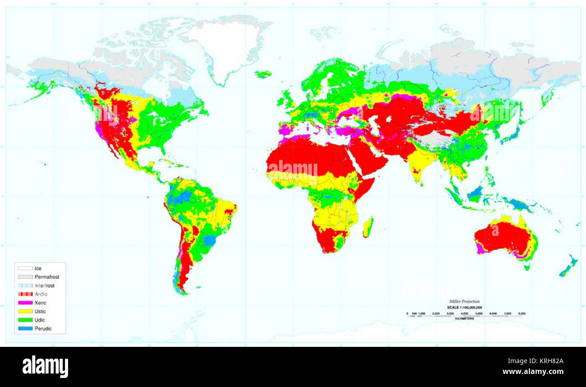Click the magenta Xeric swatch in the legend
pos(25,303)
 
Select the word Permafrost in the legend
pos(47,277)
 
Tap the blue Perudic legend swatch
pos(25,328)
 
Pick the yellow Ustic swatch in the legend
pos(25,311)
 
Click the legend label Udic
pos(40,320)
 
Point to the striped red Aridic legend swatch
pos(25,294)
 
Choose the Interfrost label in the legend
pos(45,286)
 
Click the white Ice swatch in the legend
pos(25,268)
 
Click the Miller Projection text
pos(464,301)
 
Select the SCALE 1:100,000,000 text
pos(464,307)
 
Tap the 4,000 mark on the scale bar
pos(464,313)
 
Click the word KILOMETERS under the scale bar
pos(464,319)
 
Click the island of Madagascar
pos(368,227)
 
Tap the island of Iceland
pos(263,74)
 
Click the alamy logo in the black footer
pos(45,366)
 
